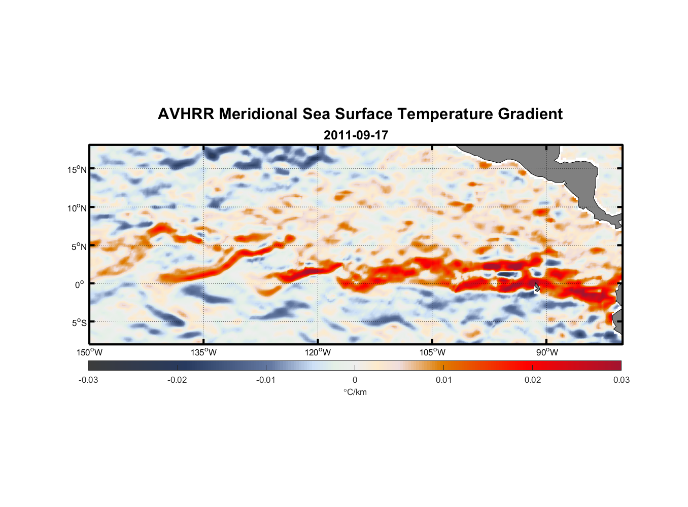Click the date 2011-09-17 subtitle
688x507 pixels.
point(356,135)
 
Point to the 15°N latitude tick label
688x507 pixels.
point(77,169)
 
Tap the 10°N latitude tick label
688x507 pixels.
point(77,208)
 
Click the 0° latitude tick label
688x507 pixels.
point(80,284)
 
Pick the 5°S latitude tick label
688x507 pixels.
point(79,322)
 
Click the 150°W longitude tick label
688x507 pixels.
point(89,352)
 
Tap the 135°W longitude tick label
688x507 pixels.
point(203,352)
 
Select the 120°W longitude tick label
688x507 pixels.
point(318,352)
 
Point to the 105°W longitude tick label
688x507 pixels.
point(432,352)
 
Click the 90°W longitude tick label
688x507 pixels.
point(547,352)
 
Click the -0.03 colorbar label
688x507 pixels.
point(88,380)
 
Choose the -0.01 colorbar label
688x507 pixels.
point(266,380)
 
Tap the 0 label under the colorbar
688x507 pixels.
point(355,380)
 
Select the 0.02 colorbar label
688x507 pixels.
point(532,380)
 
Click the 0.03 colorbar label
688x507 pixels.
point(621,380)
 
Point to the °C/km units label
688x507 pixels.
point(355,392)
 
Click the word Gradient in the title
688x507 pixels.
point(530,114)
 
